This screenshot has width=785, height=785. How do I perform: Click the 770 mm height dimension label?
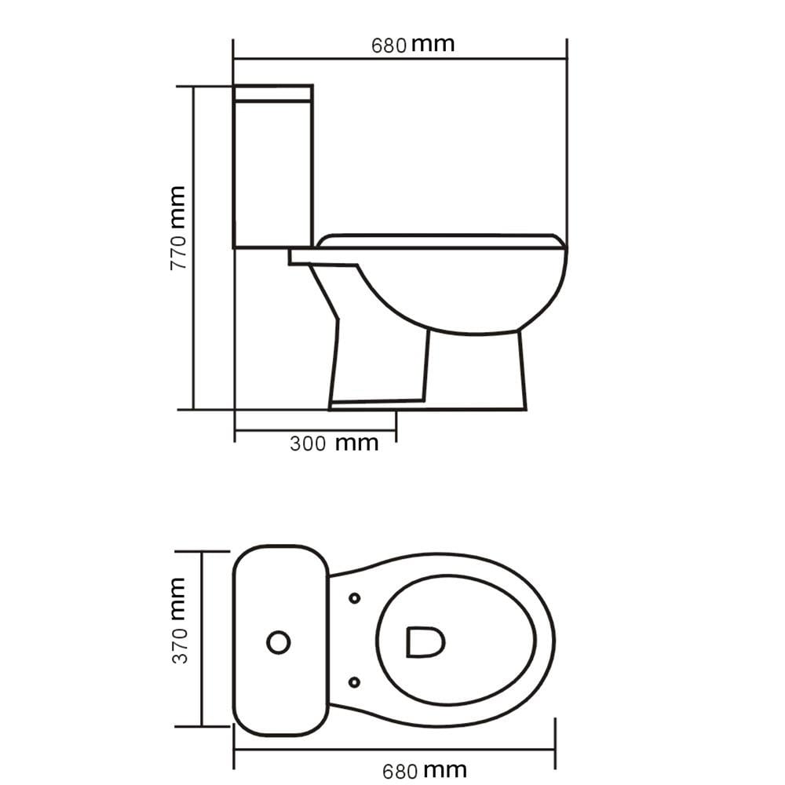[178, 228]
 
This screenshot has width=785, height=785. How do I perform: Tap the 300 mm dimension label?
[334, 444]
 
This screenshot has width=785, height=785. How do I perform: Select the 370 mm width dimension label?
[178, 621]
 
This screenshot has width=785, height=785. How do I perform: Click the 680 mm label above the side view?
[413, 45]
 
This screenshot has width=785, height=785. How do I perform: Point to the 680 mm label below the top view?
[425, 771]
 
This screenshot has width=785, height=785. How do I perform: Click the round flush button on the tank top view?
[279, 642]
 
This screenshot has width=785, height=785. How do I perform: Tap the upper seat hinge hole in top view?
[355, 597]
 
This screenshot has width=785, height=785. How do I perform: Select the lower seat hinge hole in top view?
[354, 682]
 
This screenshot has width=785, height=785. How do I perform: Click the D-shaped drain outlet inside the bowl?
[425, 641]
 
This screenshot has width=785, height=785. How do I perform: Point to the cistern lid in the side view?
[273, 93]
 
